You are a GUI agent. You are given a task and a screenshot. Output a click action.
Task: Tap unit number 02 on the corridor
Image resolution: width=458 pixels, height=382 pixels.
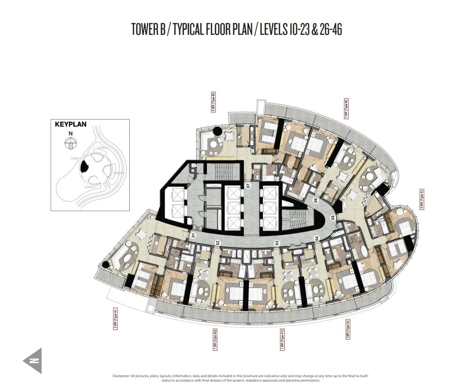pyautogui.click(x=217, y=242)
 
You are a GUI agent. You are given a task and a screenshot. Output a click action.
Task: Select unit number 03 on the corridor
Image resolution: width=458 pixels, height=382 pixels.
pyautogui.click(x=277, y=243)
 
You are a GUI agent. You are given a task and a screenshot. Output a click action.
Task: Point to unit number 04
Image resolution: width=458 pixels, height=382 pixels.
pyautogui.click(x=316, y=239)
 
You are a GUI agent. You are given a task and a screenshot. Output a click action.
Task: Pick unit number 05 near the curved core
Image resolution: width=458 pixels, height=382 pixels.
pyautogui.click(x=333, y=217)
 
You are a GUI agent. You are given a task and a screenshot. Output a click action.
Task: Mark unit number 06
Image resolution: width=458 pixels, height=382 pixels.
pyautogui.click(x=315, y=200)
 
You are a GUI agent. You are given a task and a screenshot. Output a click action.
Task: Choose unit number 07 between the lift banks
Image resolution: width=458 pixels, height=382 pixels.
pyautogui.click(x=248, y=185)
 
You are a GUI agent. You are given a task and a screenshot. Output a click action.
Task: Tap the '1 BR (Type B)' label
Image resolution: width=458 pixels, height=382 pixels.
pyautogui.click(x=346, y=108)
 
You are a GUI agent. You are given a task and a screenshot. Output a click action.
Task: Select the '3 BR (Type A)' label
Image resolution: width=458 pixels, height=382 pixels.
pyautogui.click(x=422, y=198)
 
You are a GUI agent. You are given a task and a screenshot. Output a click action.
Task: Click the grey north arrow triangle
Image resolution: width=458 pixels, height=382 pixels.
pyautogui.click(x=33, y=360)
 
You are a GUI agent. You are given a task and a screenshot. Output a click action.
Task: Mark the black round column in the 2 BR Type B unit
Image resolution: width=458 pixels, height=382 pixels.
pyautogui.click(x=218, y=131)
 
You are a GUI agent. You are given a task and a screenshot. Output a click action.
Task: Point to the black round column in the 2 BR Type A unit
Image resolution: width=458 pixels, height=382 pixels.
pyautogui.click(x=105, y=264)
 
